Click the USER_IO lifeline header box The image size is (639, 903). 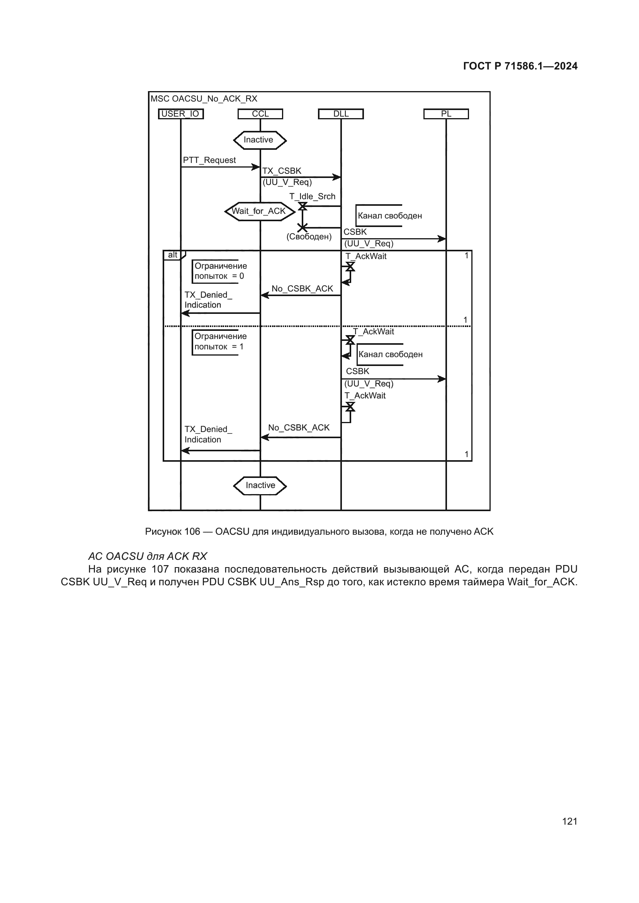tap(180, 114)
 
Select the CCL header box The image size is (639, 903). tap(260, 114)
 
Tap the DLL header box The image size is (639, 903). tap(341, 114)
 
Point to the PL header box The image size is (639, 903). tap(446, 114)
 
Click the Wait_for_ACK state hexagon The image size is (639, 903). tap(259, 212)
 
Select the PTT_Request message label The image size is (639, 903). tap(209, 160)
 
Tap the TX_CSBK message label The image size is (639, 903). tap(282, 171)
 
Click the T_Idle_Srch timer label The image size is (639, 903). tap(313, 197)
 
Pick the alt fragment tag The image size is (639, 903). tap(173, 255)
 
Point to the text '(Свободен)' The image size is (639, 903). tap(309, 237)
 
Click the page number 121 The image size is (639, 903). tap(570, 821)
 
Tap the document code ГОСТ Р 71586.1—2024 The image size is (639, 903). tap(520, 66)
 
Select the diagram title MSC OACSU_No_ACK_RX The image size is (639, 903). tap(204, 99)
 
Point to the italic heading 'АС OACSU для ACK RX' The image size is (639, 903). tap(148, 556)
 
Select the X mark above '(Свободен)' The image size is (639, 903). tap(302, 227)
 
